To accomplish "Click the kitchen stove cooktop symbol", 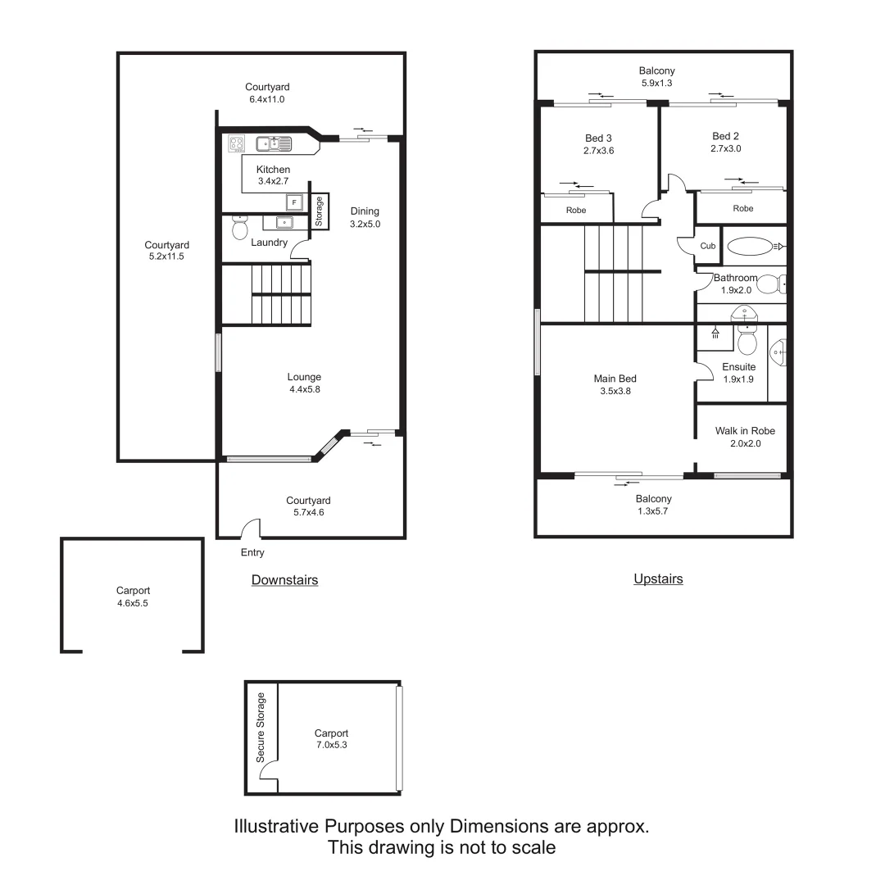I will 237,144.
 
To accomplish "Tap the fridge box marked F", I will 293,202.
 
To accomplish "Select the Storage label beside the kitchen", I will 320,211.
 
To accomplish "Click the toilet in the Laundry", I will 240,227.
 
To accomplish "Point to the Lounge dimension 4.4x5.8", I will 304,390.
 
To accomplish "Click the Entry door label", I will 252,553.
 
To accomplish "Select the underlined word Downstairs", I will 284,580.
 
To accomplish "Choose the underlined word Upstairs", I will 658,579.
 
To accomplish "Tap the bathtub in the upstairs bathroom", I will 750,246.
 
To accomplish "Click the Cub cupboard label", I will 708,247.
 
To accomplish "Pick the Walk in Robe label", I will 745,431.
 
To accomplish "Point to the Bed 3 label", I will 598,138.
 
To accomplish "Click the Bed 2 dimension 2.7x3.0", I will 726,149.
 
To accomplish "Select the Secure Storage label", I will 261,728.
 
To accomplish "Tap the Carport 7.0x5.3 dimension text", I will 332,746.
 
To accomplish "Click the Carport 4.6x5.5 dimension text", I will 133,602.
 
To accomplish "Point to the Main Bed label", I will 615,379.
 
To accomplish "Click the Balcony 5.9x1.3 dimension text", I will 657,83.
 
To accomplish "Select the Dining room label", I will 365,211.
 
